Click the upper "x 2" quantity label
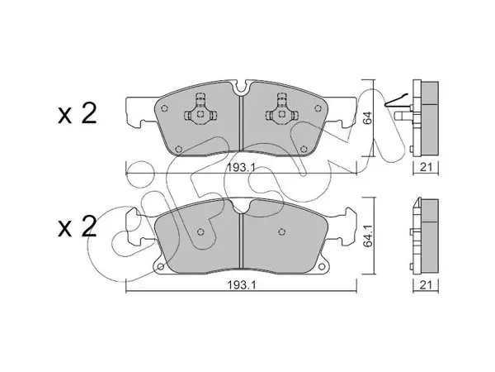pyautogui.click(x=77, y=115)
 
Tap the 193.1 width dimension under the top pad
pyautogui.click(x=241, y=168)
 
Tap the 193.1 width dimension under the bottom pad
pyautogui.click(x=241, y=285)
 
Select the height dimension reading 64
pyautogui.click(x=368, y=118)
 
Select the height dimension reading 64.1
pyautogui.click(x=368, y=236)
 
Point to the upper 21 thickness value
pyautogui.click(x=426, y=167)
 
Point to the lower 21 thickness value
pyautogui.click(x=426, y=285)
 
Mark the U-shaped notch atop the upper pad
pyautogui.click(x=241, y=88)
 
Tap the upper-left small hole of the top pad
pyautogui.click(x=164, y=108)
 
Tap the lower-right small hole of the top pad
pyautogui.click(x=304, y=149)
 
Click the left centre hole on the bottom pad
pyautogui.click(x=200, y=232)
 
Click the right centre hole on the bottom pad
pyautogui.click(x=282, y=232)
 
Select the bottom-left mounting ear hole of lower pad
pyautogui.click(x=160, y=266)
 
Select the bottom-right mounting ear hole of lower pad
pyautogui.click(x=322, y=266)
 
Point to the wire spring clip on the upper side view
pyautogui.click(x=397, y=100)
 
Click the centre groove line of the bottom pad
pyautogui.click(x=241, y=241)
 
